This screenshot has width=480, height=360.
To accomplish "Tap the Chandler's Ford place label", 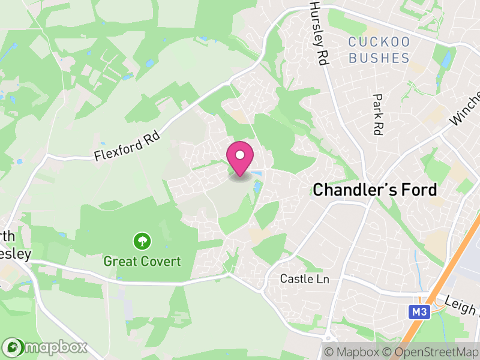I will [375, 190].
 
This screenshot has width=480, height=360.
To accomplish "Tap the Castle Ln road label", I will [305, 279].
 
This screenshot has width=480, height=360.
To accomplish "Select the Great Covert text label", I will [142, 262].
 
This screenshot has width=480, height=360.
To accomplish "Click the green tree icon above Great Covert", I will [142, 242].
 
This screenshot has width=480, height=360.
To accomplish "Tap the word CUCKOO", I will [379, 43].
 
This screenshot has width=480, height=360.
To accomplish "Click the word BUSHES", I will [379, 58].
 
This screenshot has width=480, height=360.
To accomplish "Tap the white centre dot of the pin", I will [240, 155].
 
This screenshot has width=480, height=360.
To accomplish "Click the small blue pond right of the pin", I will [257, 174].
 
